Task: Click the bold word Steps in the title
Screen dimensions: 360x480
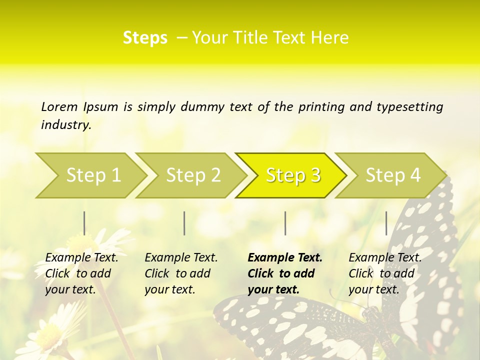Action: [145, 38]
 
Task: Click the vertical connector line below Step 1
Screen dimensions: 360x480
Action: [84, 223]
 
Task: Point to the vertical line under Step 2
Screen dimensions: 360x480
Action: [184, 223]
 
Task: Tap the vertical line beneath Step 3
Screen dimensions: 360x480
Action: [285, 223]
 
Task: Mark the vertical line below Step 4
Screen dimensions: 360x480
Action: [386, 223]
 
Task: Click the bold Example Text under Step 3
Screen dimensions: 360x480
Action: [285, 258]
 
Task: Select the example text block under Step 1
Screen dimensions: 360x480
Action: [81, 273]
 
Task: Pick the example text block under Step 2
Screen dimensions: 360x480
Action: [181, 273]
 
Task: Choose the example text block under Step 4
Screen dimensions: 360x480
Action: [385, 273]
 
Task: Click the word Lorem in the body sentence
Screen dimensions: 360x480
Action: [59, 106]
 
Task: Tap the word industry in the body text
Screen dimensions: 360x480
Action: [66, 124]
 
